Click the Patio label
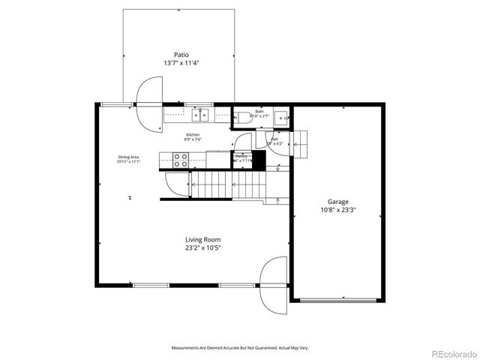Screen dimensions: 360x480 (x=181, y=55)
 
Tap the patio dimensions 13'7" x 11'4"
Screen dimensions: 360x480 (x=181, y=64)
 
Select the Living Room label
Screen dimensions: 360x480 (x=203, y=240)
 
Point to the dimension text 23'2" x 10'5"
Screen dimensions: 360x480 (x=203, y=248)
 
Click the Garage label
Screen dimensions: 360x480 (x=338, y=202)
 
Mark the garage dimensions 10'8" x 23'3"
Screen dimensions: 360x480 (x=338, y=210)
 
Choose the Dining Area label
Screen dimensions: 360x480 (x=129, y=157)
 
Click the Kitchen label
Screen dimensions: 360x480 (x=193, y=134)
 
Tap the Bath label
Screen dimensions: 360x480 (x=259, y=111)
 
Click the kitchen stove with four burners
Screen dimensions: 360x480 (x=181, y=159)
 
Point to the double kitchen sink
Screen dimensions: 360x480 (x=201, y=115)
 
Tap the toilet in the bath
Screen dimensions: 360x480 (x=241, y=115)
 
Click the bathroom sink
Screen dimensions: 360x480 (x=283, y=116)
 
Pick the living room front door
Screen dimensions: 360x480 (x=274, y=285)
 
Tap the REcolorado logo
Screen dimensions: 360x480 (x=451, y=352)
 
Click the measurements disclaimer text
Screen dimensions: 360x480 (x=240, y=348)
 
